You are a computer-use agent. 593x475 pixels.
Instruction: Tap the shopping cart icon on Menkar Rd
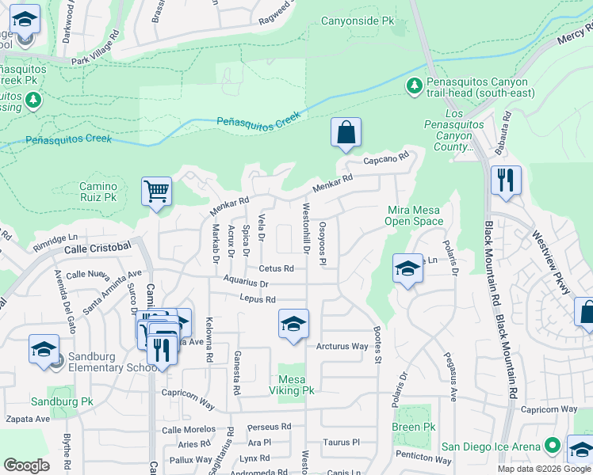[157, 192]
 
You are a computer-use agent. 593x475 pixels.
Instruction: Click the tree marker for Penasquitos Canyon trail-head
[414, 85]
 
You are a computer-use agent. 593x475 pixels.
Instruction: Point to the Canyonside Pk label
[358, 21]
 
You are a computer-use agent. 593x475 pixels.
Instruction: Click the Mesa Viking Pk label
[292, 385]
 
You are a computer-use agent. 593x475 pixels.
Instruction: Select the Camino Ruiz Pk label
[98, 191]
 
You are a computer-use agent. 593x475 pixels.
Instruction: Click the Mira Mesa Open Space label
[415, 215]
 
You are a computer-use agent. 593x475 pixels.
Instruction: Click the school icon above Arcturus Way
[293, 324]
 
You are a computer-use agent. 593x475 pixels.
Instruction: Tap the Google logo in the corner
[27, 465]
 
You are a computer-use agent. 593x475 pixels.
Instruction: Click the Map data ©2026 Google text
[544, 469]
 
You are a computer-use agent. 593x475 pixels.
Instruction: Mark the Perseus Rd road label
[270, 426]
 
